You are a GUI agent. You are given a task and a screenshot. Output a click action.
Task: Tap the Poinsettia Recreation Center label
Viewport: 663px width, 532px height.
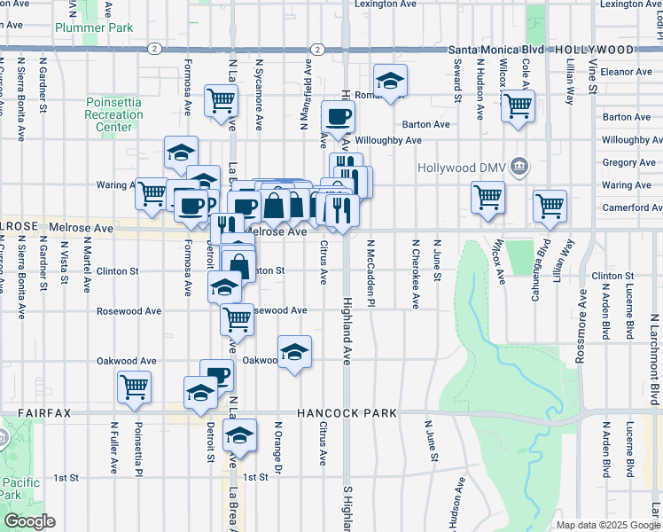[x=113, y=115]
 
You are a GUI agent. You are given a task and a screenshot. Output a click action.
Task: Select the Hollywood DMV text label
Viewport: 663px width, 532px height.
[x=464, y=167]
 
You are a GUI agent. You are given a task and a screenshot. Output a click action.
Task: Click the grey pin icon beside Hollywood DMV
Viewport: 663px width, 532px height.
[x=519, y=167]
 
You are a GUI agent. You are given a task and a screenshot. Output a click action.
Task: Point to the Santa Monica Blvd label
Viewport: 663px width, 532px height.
[x=502, y=50]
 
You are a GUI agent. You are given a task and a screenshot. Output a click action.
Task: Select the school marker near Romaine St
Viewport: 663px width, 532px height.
[x=390, y=82]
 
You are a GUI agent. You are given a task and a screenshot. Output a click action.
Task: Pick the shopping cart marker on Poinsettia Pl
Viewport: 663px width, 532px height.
[x=134, y=386]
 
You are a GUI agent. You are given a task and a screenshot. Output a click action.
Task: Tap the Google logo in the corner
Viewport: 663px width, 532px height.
[x=29, y=521]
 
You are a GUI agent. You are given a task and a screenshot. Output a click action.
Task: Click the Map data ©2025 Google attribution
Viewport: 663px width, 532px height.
[x=607, y=525]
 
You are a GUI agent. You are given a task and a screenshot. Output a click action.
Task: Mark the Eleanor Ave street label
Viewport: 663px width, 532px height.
[x=626, y=71]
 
